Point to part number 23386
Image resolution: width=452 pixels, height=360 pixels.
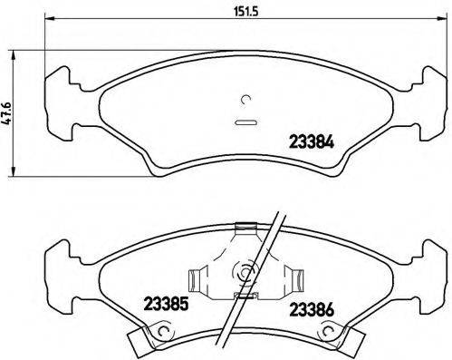click(312, 308)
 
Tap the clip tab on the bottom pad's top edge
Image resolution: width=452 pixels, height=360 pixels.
click(243, 229)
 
